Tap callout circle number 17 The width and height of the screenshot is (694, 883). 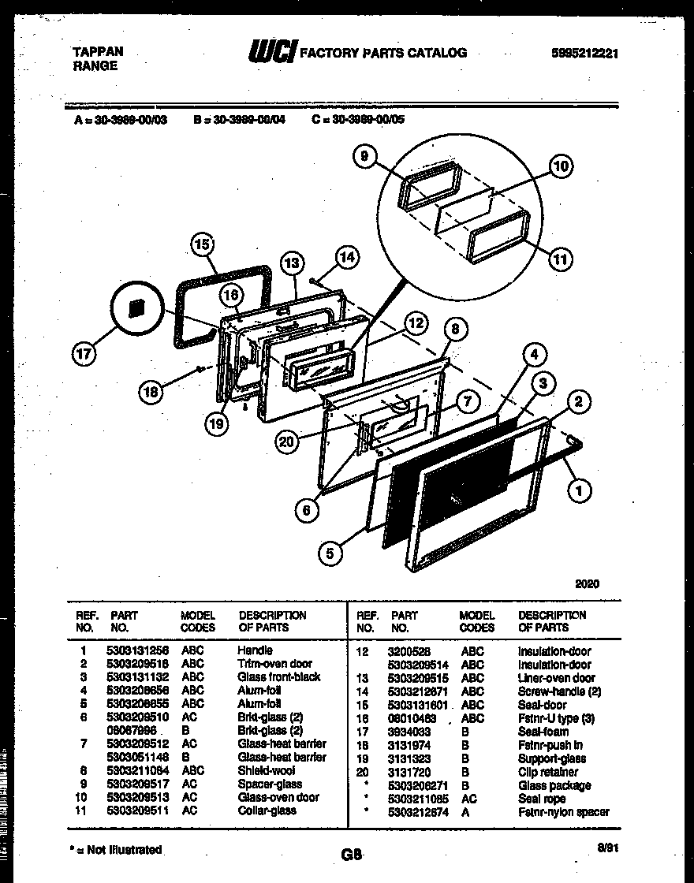(x=84, y=354)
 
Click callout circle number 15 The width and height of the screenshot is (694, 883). (x=204, y=245)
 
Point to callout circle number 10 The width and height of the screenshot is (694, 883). (x=561, y=166)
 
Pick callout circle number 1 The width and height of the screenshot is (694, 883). (x=580, y=491)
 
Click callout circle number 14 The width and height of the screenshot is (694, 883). (x=346, y=255)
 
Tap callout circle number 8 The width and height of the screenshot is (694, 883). (x=456, y=330)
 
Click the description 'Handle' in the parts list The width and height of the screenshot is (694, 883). (x=255, y=650)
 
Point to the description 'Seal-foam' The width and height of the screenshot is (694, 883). (x=543, y=732)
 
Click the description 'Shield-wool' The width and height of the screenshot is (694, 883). (x=264, y=770)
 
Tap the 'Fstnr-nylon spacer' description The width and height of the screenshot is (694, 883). (x=563, y=811)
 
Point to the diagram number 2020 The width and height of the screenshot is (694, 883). (x=587, y=584)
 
